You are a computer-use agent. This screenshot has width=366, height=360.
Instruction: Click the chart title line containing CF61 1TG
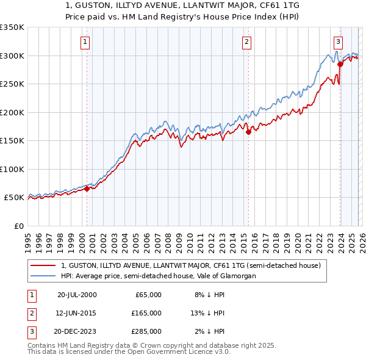click(x=182, y=4)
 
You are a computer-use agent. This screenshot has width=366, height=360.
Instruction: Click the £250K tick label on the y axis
click(x=12, y=84)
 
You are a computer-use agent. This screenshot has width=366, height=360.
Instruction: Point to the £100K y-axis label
click(x=12, y=169)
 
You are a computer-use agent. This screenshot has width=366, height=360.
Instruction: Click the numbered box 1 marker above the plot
click(x=84, y=42)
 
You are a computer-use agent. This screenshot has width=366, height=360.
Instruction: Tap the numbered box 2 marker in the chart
click(x=246, y=42)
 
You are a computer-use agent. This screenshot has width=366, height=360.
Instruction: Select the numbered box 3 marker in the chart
click(x=338, y=42)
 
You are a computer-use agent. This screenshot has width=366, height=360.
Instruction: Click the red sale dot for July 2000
click(x=87, y=189)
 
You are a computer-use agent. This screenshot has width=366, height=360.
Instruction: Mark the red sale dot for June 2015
click(x=248, y=132)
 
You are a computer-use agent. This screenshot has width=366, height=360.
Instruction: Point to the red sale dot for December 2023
click(x=340, y=64)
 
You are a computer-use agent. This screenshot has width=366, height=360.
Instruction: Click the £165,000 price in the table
click(x=146, y=313)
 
